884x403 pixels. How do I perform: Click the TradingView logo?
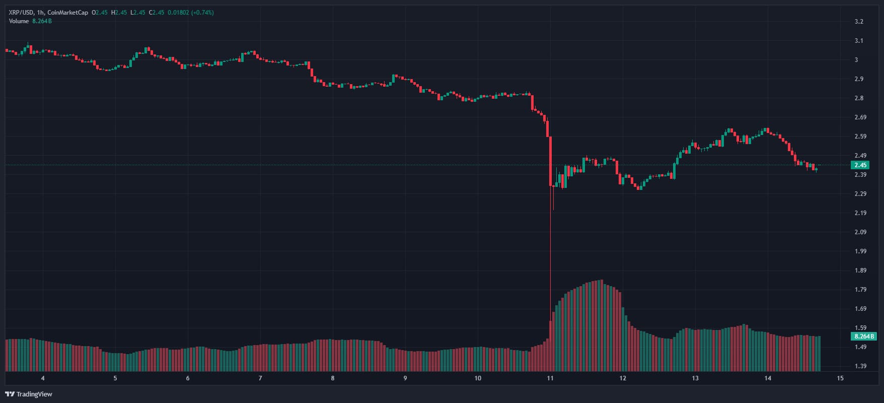[29, 394]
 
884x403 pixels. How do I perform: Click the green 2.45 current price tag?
[860, 165]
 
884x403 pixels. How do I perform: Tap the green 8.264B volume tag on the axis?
[864, 336]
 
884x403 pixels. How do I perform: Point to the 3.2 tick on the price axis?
[859, 22]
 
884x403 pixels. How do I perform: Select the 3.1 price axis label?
[859, 41]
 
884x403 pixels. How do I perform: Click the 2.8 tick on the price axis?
[859, 98]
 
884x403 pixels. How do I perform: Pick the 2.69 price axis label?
[860, 117]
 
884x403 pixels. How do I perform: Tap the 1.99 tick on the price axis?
[860, 251]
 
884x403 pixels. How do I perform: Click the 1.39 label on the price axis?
[860, 366]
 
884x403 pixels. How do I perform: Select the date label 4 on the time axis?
[43, 378]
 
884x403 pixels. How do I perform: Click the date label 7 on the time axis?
[260, 378]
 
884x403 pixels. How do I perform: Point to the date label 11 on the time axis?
[550, 378]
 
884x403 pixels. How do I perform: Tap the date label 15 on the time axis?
[840, 378]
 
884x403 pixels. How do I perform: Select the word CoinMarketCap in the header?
[68, 13]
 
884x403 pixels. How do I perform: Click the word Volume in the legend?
[19, 21]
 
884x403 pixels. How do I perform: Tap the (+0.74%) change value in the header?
[202, 13]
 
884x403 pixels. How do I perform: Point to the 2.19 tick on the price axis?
[860, 213]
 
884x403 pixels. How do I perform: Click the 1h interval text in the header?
[40, 13]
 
